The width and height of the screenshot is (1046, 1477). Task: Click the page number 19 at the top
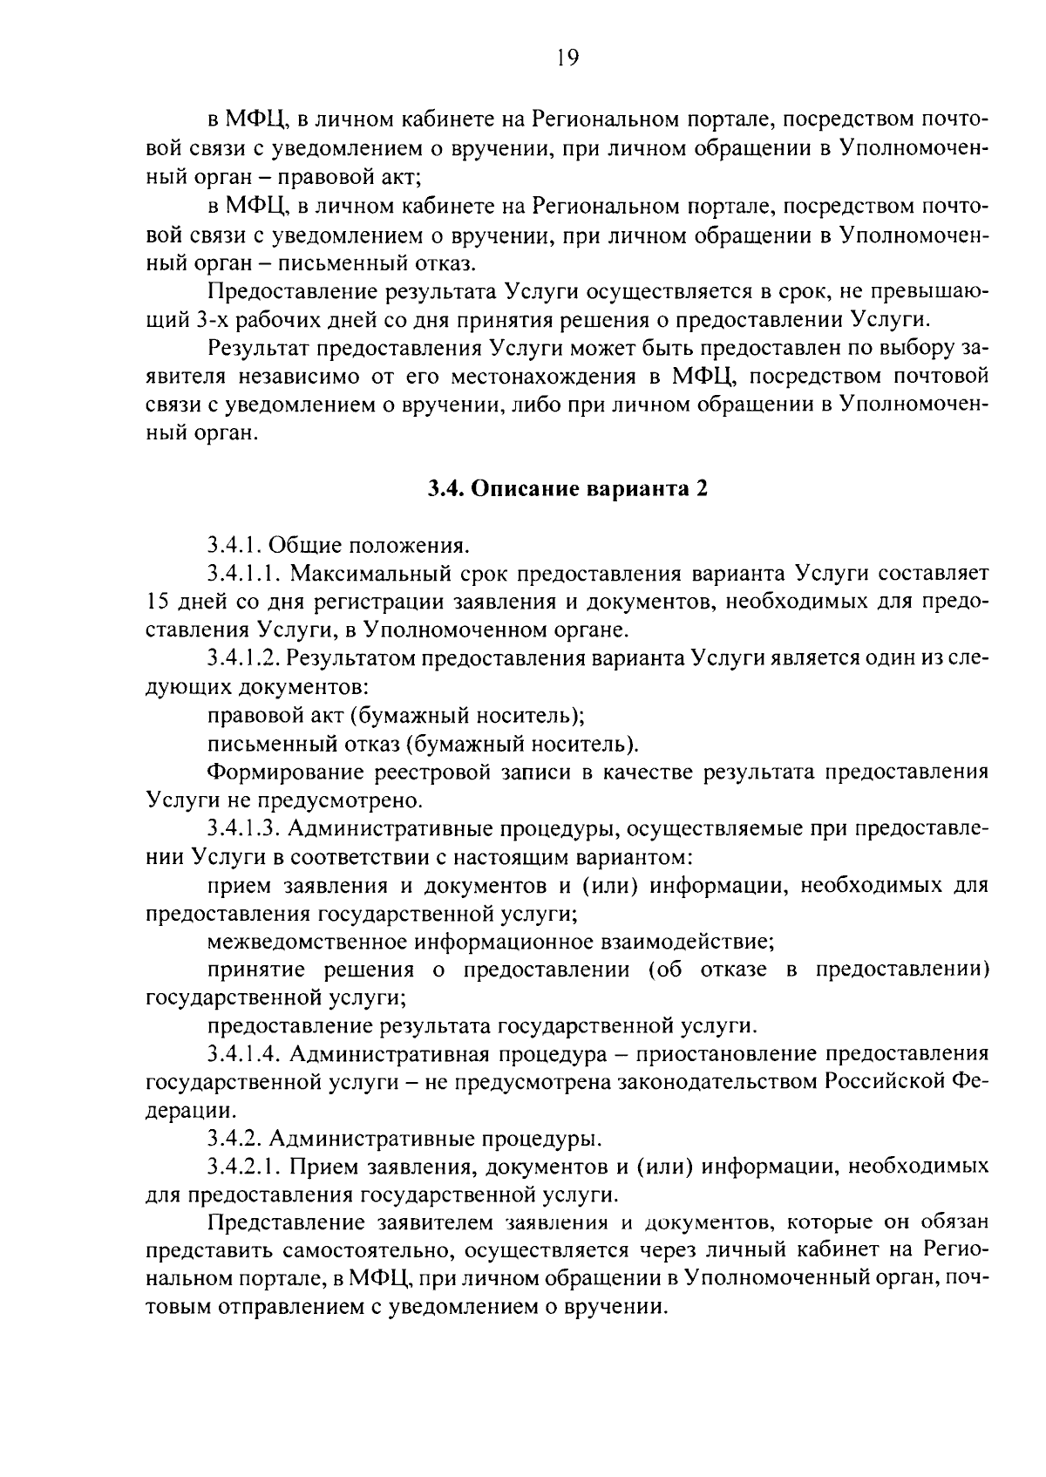[567, 58]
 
